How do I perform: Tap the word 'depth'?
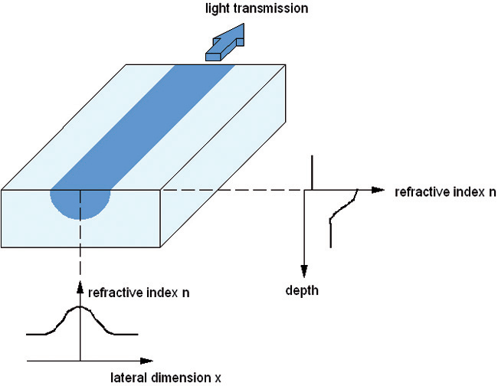pos(302,290)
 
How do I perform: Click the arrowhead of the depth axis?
pos(304,272)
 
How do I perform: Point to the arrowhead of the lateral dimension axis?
pos(146,361)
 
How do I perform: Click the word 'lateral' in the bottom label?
pos(129,378)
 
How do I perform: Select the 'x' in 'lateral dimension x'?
pos(218,378)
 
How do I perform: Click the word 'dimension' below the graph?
pos(181,378)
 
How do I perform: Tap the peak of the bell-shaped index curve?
pos(80,306)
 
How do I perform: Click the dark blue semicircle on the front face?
pos(80,203)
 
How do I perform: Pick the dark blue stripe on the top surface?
pos(143,127)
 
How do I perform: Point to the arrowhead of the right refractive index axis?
pos(378,190)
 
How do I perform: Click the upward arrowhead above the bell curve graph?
pos(80,287)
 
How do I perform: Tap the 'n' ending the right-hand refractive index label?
pos(492,193)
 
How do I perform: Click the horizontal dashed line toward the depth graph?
pos(231,190)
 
